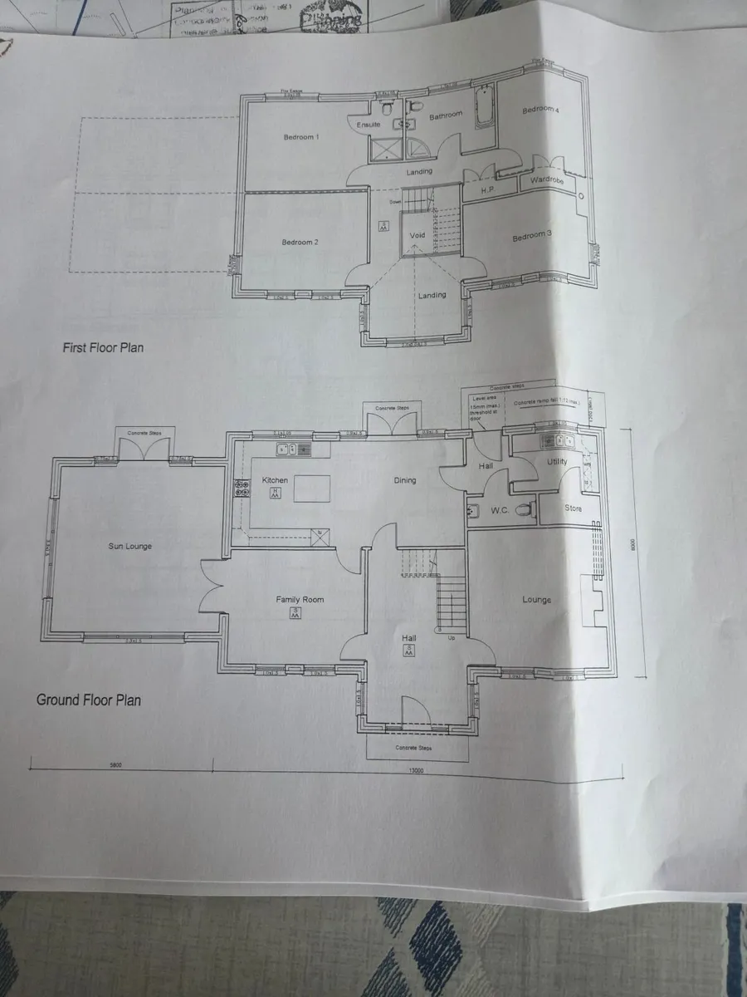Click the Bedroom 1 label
click(300, 137)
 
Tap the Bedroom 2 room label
click(299, 242)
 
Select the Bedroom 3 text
click(531, 236)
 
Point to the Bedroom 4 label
click(540, 110)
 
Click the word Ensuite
click(369, 125)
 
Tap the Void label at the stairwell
click(417, 235)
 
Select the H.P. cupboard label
click(489, 190)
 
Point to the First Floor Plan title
click(103, 347)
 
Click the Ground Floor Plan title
click(88, 700)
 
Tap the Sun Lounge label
click(130, 546)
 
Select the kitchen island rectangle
click(312, 488)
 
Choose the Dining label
click(405, 480)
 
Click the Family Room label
click(300, 599)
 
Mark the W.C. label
click(499, 510)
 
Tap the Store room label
click(573, 508)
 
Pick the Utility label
click(556, 461)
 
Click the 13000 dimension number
click(416, 770)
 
